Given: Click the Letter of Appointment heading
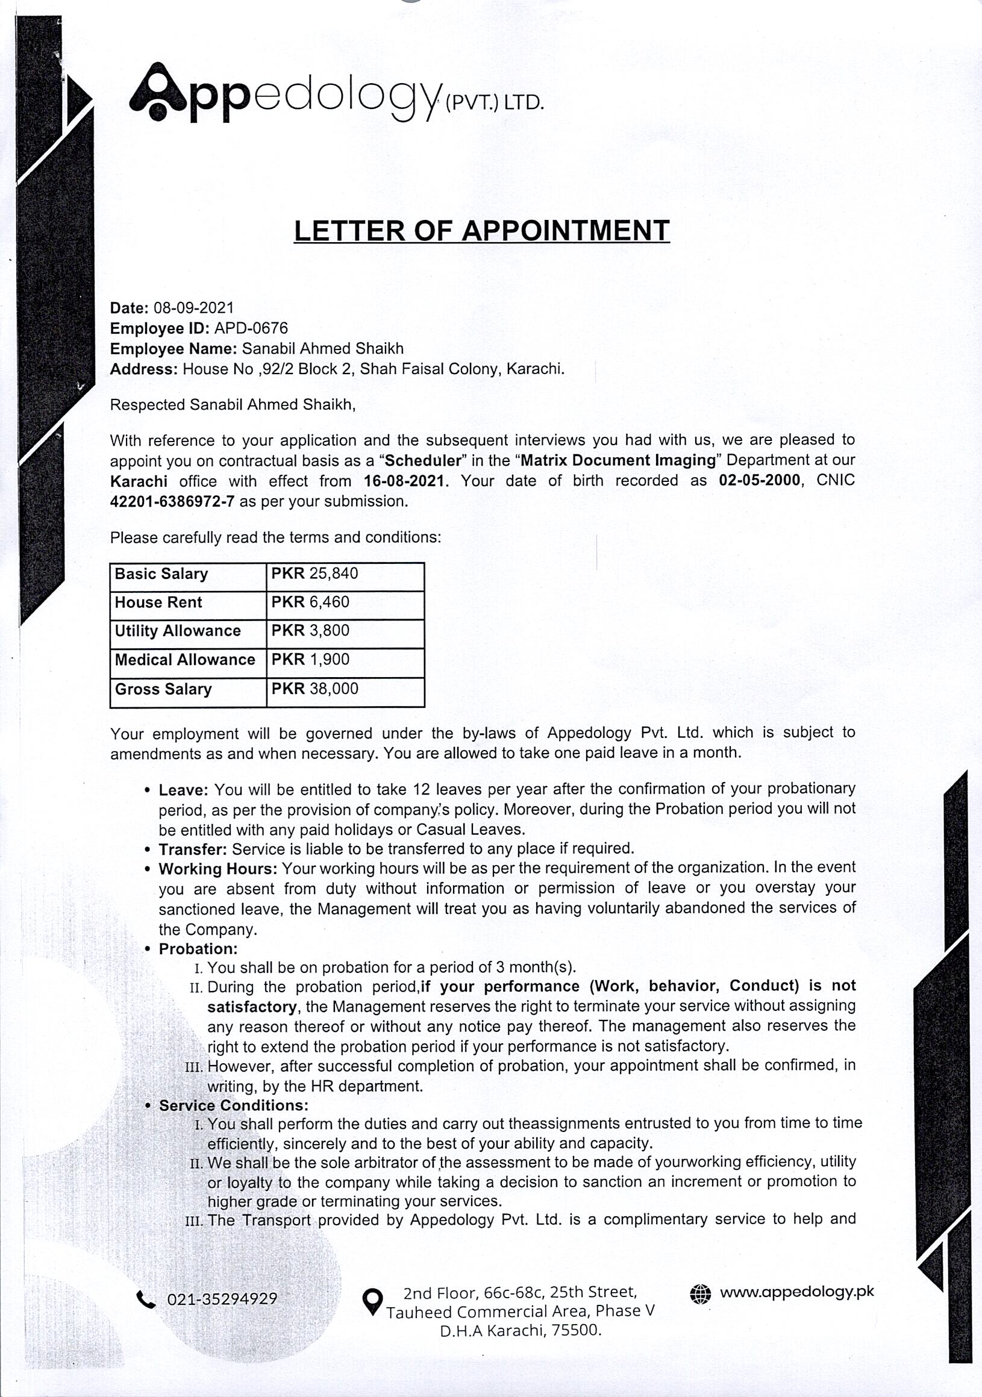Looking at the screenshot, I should pos(481,231).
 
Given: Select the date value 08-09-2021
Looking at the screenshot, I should pos(193,308).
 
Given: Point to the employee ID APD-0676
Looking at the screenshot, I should pos(251,328).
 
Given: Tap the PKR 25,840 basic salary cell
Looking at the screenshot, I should pos(314,573).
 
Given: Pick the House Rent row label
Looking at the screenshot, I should pos(158,602).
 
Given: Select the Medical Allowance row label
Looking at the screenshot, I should pos(185,660).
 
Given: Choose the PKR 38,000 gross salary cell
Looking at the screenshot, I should pos(314,689).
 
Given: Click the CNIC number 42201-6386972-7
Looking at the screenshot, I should pos(172,502).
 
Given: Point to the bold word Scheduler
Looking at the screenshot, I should pos(422,461).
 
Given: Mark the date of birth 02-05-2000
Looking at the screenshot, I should pos(758,481).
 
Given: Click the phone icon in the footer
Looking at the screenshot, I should pos(146,1299).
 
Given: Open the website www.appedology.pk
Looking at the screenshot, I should pos(796,1292).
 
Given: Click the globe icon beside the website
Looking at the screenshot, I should pos(700,1293).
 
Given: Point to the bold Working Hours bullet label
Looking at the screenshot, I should pos(218,869).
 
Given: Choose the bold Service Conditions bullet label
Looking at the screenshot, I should pos(234,1105).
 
